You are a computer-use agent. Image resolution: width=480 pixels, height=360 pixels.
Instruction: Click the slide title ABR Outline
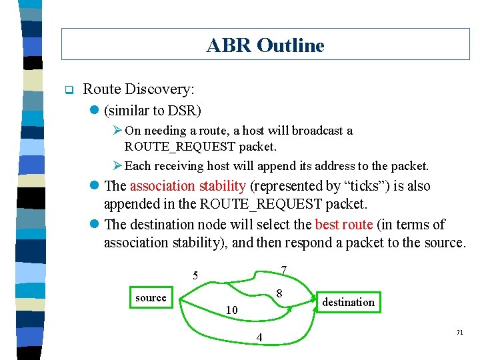(265, 45)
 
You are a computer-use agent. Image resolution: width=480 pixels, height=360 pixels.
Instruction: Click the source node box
(151, 298)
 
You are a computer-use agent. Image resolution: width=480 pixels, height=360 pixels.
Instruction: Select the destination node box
(348, 303)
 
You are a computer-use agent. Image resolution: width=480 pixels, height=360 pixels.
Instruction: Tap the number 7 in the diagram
(284, 270)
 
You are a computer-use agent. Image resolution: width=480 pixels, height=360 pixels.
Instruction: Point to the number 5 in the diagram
(195, 275)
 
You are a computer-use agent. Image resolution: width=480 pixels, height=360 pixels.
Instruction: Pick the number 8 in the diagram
(279, 294)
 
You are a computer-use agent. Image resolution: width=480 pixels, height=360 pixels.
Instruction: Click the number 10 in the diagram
(231, 310)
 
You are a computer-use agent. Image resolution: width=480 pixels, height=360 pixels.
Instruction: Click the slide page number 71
(459, 332)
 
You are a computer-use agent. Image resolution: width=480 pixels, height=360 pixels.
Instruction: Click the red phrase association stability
(188, 186)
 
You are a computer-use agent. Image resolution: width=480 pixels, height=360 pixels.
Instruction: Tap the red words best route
(343, 225)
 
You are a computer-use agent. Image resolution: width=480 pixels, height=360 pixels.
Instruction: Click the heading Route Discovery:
(139, 89)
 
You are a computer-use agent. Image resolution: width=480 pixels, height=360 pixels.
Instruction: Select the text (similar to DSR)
(153, 109)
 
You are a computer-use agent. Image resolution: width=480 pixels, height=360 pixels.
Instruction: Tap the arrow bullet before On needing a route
(117, 131)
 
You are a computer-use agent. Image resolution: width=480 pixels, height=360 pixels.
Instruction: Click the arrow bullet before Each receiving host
(117, 165)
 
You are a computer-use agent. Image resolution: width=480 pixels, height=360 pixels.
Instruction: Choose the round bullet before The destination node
(96, 225)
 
